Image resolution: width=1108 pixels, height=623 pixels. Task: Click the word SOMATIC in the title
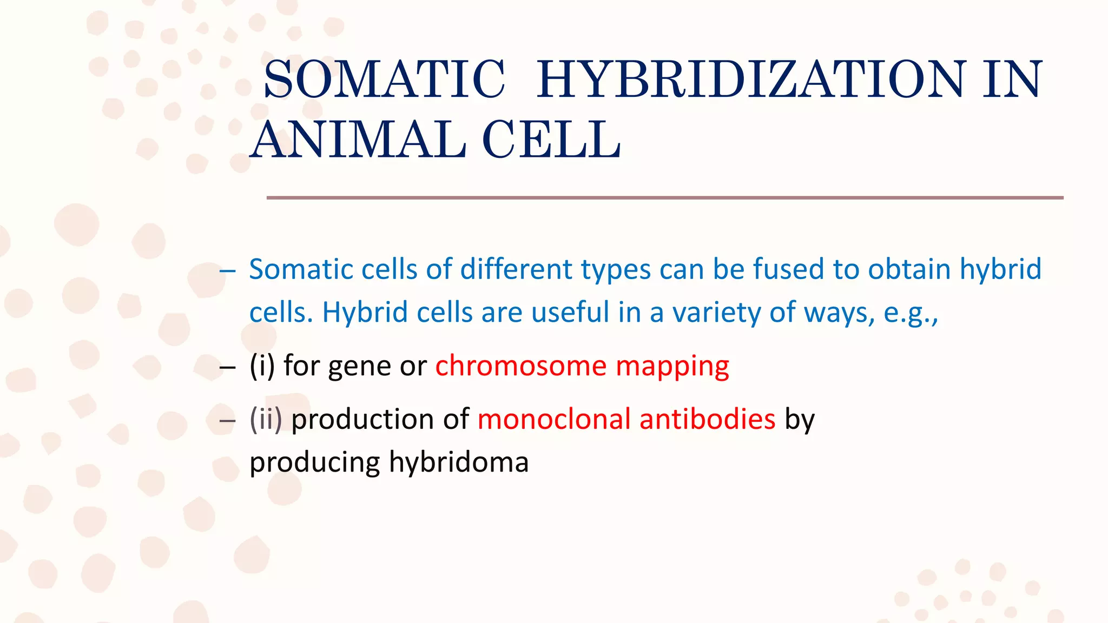[384, 80]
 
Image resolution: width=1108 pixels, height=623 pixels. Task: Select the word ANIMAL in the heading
[359, 140]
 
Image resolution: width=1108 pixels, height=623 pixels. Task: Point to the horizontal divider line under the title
[664, 198]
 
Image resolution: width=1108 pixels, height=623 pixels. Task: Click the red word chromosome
[520, 366]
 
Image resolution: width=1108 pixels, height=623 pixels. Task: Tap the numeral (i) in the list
[262, 366]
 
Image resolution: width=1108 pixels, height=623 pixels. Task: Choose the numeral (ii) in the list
[266, 419]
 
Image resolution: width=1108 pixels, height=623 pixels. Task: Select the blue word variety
[716, 313]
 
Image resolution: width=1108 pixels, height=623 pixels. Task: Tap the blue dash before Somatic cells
[228, 270]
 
